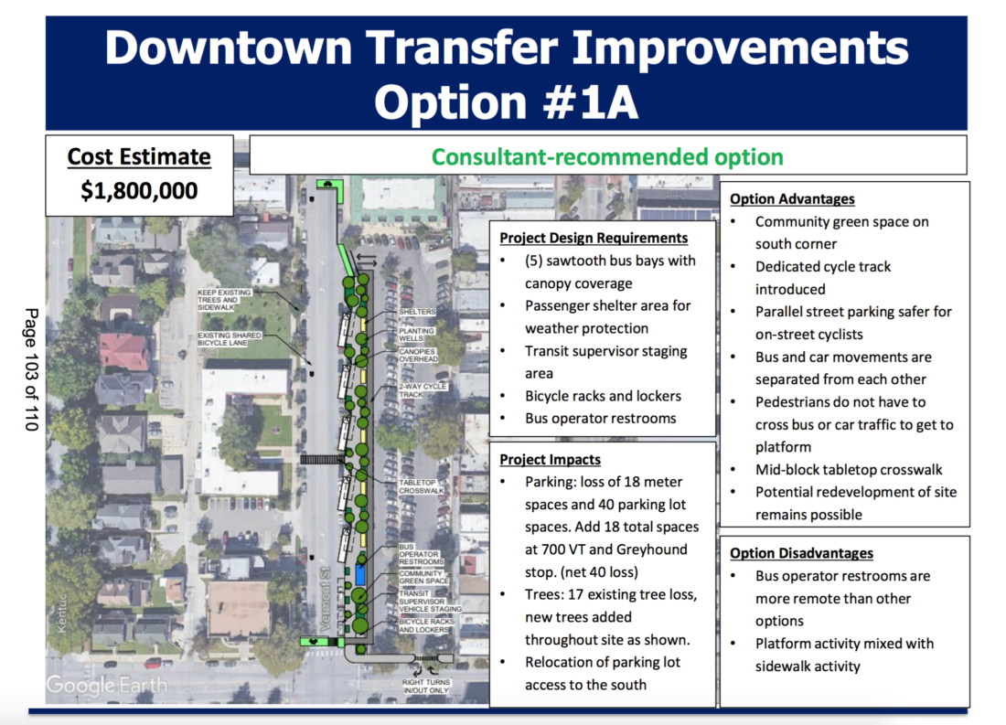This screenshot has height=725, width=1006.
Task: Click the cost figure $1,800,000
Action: [137, 191]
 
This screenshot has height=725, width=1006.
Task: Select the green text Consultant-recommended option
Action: [607, 156]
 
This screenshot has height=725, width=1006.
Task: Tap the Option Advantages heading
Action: [791, 198]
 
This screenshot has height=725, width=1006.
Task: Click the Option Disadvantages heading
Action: [801, 553]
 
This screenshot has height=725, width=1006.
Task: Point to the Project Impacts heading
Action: [550, 459]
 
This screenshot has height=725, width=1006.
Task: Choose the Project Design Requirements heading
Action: [594, 238]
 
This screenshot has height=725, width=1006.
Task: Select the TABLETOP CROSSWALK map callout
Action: [422, 486]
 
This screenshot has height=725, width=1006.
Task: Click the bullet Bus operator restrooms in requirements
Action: [600, 418]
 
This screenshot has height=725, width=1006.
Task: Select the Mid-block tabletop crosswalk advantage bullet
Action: [848, 469]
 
